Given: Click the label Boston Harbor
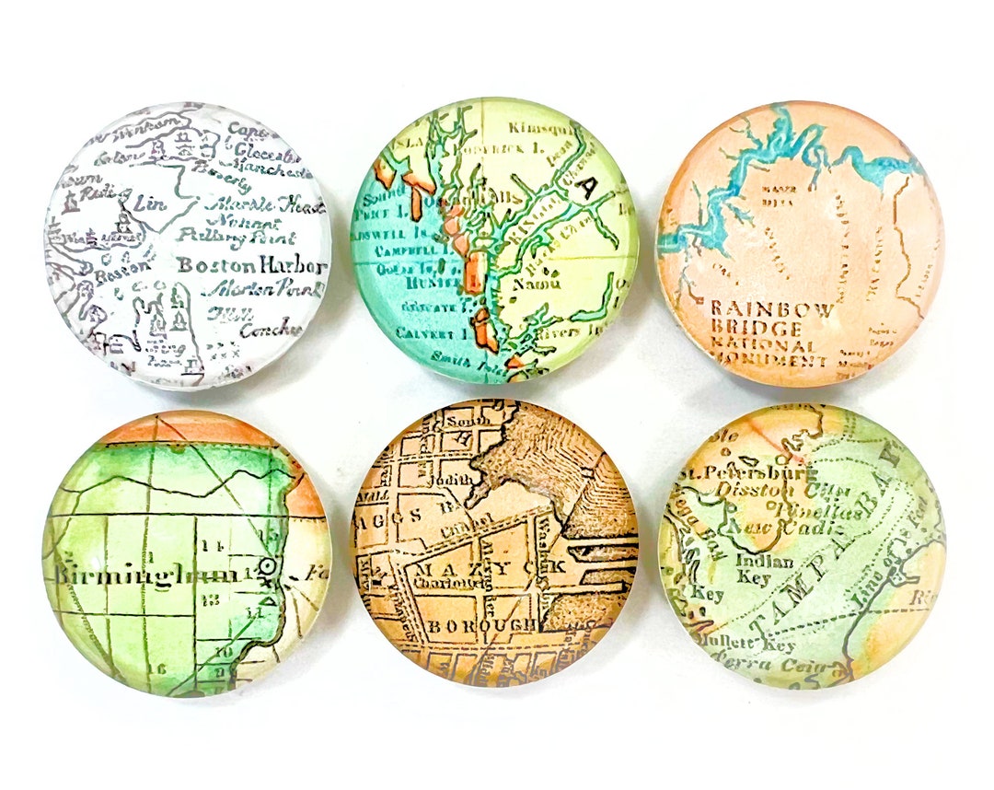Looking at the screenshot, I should click(250, 266).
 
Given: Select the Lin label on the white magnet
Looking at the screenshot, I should click(150, 203).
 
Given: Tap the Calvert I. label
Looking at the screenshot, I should click(422, 332).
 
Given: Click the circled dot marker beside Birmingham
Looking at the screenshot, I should click(267, 565).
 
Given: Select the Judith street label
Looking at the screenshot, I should click(460, 478).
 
